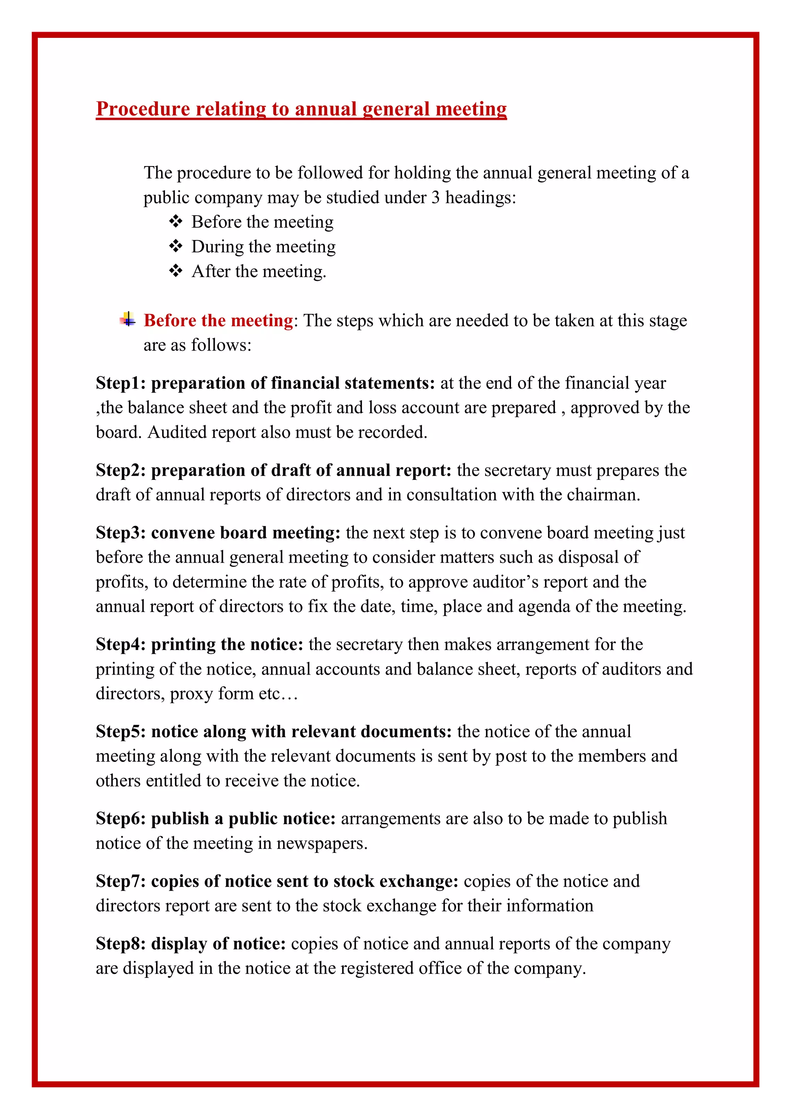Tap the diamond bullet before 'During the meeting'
click(175, 246)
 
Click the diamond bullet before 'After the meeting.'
click(175, 270)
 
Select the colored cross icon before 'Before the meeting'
click(127, 320)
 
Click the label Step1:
click(120, 383)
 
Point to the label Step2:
click(120, 470)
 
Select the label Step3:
click(120, 533)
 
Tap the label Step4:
click(120, 644)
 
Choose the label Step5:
click(120, 731)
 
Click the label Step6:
click(120, 818)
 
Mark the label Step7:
click(120, 881)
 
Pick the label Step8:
click(120, 944)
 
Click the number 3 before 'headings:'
click(435, 197)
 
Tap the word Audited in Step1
click(177, 432)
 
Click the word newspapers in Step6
click(321, 843)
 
